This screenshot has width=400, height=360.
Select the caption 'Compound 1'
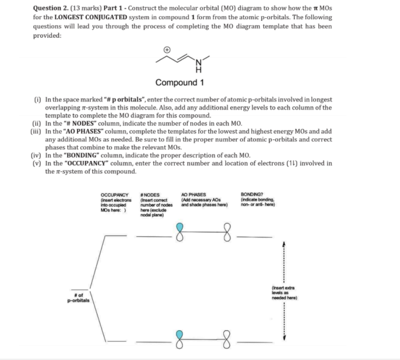(180, 83)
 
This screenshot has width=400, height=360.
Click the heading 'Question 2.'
(50, 8)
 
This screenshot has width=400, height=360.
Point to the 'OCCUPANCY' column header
(114, 195)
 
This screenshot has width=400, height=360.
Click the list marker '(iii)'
(37, 131)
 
